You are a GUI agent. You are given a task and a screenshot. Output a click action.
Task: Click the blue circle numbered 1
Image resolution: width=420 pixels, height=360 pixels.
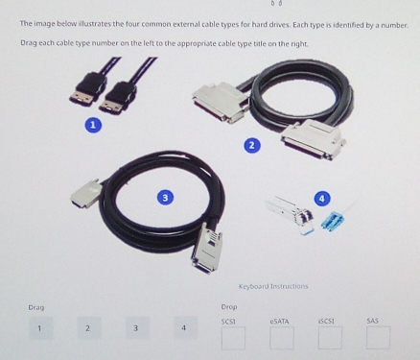click(x=93, y=125)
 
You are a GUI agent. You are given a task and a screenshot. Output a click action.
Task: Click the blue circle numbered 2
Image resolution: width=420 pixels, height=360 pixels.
click(x=252, y=146)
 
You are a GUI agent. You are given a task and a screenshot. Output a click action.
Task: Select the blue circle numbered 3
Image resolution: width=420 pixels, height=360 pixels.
click(x=165, y=198)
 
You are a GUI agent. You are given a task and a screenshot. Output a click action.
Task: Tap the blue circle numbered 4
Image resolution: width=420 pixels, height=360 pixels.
click(x=322, y=199)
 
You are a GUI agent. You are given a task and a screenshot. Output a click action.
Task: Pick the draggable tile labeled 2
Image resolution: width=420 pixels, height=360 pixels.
click(x=89, y=328)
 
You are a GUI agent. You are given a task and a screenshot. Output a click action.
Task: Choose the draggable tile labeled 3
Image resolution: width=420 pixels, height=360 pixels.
click(x=137, y=328)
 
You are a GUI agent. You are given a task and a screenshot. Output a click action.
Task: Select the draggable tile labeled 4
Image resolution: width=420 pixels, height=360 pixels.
click(x=185, y=327)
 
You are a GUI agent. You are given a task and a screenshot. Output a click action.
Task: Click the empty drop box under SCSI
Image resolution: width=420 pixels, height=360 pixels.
click(x=233, y=338)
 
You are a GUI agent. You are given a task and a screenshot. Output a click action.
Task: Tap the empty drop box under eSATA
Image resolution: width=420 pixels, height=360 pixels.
click(x=282, y=338)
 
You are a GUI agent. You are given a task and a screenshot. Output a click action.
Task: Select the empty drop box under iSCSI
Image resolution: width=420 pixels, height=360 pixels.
click(x=330, y=338)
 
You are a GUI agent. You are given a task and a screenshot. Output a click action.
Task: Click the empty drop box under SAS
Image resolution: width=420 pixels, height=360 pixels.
click(x=378, y=337)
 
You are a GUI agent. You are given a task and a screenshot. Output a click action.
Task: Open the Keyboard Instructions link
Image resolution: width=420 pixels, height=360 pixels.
click(x=273, y=286)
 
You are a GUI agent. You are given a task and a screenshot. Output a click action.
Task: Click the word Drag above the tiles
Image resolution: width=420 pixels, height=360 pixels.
click(x=36, y=307)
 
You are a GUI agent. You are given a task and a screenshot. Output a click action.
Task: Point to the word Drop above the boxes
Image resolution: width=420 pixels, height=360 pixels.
click(x=229, y=307)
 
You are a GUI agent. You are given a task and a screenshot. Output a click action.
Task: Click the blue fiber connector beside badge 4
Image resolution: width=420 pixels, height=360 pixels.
click(x=334, y=220)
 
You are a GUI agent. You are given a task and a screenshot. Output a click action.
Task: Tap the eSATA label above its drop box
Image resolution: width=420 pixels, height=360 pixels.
click(x=279, y=321)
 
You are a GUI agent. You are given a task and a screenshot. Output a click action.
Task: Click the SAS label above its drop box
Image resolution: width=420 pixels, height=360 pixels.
click(x=373, y=321)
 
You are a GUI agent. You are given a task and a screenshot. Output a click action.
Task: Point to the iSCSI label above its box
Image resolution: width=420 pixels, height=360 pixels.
click(x=326, y=321)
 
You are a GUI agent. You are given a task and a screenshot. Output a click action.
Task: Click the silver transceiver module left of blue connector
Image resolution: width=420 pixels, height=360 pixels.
click(x=291, y=214)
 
